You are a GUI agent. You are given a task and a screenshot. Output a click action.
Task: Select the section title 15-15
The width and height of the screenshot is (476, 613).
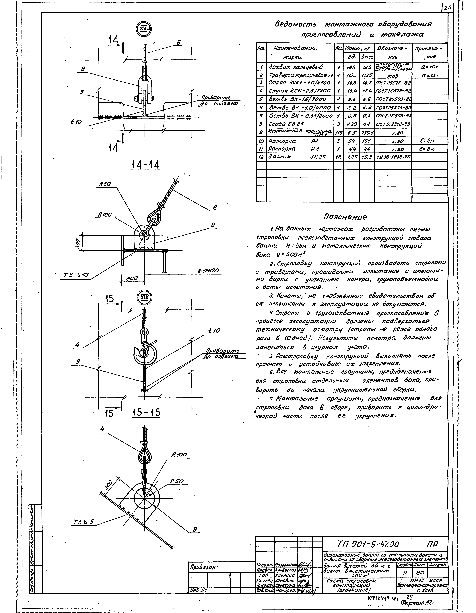tap(147, 412)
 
